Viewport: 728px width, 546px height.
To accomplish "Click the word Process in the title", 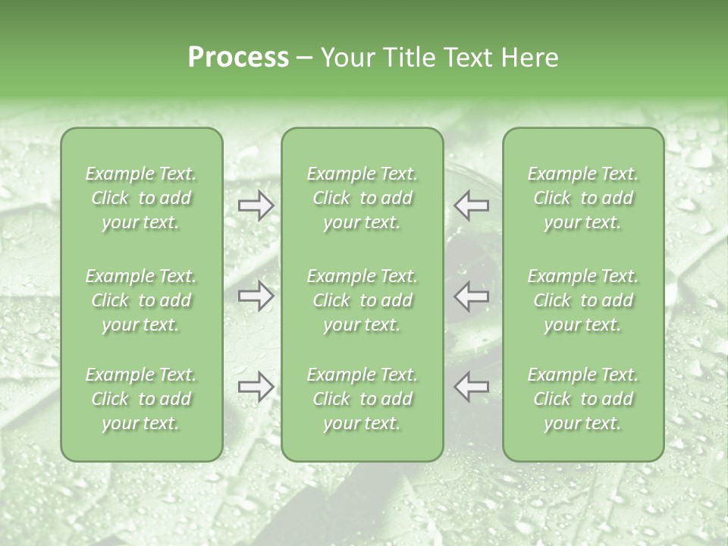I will [238, 58].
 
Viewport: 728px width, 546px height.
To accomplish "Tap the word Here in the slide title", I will [529, 58].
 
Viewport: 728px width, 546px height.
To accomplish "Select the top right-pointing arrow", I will [256, 206].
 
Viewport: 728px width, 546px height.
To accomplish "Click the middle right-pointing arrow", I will [256, 296].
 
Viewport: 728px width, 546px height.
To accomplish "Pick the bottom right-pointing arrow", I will [256, 387].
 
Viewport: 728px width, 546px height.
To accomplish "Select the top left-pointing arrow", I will [471, 206].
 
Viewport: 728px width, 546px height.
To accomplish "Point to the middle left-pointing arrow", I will [471, 296].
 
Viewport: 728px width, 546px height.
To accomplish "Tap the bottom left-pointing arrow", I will [471, 387].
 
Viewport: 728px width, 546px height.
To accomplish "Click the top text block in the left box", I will [141, 198].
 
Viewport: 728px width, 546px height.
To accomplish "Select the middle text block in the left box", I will [141, 300].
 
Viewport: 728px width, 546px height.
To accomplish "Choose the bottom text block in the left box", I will [141, 399].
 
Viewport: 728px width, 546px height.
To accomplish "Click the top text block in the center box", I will [362, 198].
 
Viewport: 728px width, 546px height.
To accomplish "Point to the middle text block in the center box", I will [362, 300].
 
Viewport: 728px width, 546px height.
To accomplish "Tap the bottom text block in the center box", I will [362, 399].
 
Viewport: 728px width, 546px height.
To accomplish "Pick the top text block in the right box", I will [582, 198].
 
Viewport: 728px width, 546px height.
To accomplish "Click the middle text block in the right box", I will [582, 300].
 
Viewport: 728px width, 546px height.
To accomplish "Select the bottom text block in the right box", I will [582, 399].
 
